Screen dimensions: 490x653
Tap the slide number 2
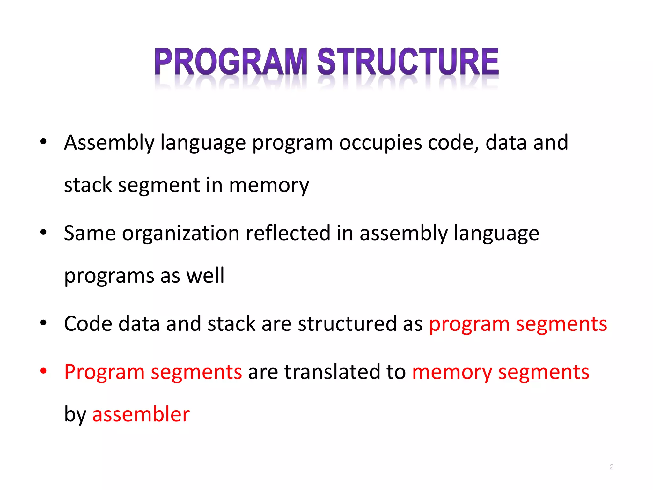coord(612,467)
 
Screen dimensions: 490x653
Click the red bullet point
coord(43,371)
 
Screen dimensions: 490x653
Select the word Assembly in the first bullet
coord(109,143)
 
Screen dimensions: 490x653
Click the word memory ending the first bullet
coord(269,185)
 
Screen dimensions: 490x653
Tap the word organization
coord(180,233)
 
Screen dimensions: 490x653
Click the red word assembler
coord(141,414)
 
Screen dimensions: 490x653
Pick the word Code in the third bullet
coord(88,324)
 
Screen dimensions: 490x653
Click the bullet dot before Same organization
coord(43,232)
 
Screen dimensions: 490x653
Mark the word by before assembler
coord(75,415)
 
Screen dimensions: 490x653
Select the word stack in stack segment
coord(88,185)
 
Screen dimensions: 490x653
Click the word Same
coord(90,233)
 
